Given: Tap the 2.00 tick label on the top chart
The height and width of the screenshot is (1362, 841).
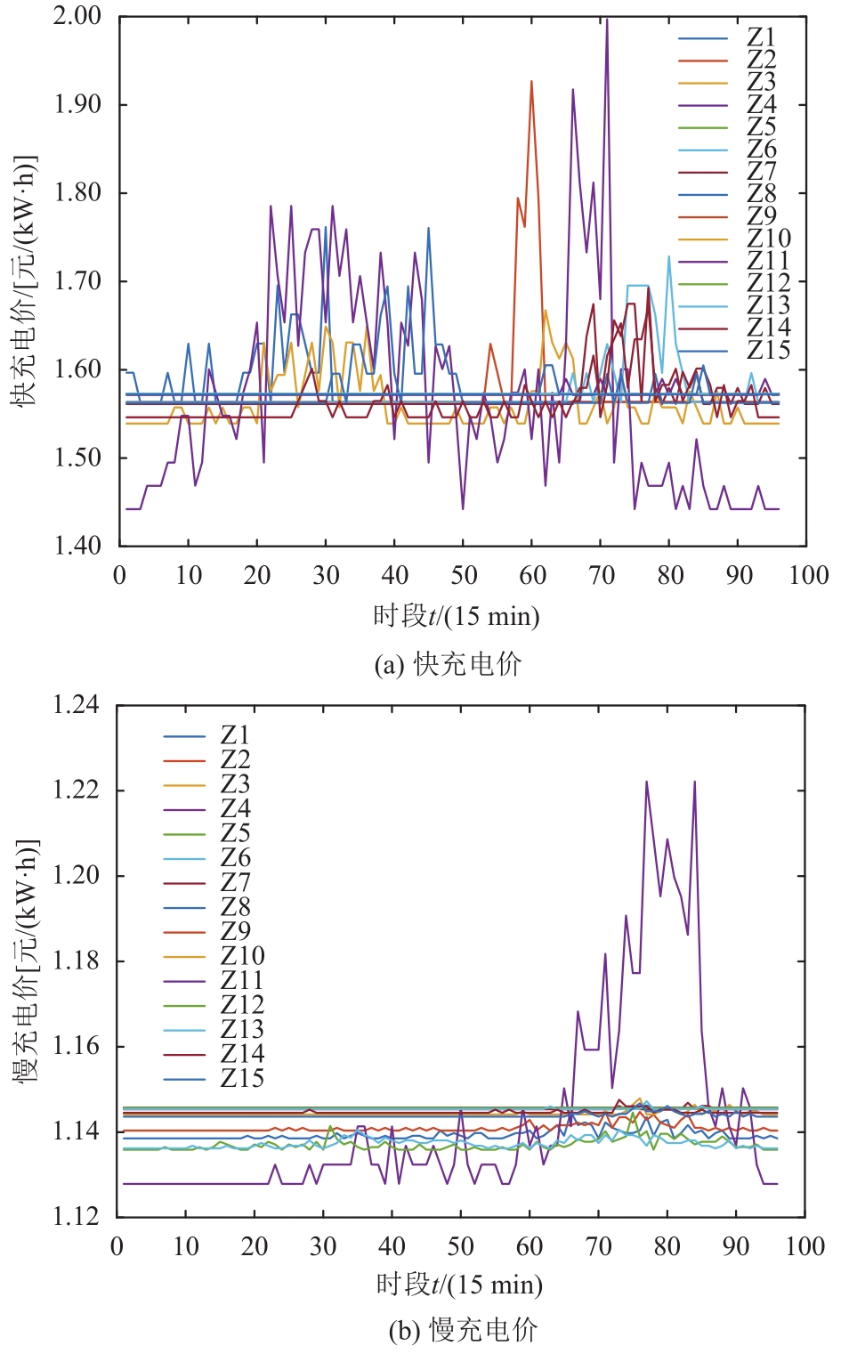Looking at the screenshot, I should (77, 16).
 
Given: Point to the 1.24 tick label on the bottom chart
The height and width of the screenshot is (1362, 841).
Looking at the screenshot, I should (76, 705).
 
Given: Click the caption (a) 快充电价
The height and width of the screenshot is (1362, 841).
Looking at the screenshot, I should (448, 664).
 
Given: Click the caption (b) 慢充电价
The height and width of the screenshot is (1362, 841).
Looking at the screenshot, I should (463, 1330).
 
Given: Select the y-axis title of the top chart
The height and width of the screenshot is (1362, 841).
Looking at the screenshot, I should (24, 280).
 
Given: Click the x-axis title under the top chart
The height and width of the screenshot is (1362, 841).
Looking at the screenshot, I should (456, 616).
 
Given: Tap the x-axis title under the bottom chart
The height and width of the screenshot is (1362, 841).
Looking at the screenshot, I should (459, 1284).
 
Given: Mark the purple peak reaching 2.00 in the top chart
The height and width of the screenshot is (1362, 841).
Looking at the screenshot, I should (607, 20).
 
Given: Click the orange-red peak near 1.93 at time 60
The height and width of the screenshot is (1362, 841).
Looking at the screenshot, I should (531, 82).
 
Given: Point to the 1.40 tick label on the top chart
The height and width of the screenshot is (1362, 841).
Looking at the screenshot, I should (77, 545).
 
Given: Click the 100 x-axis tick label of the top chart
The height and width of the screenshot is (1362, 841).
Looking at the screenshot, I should (808, 575).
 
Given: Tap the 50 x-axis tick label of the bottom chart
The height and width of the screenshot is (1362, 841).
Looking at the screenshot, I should (461, 1245).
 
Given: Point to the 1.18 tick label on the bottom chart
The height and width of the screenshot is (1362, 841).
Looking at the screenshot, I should (76, 961).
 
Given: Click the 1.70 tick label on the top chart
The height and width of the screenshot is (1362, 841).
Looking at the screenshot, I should (77, 280).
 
